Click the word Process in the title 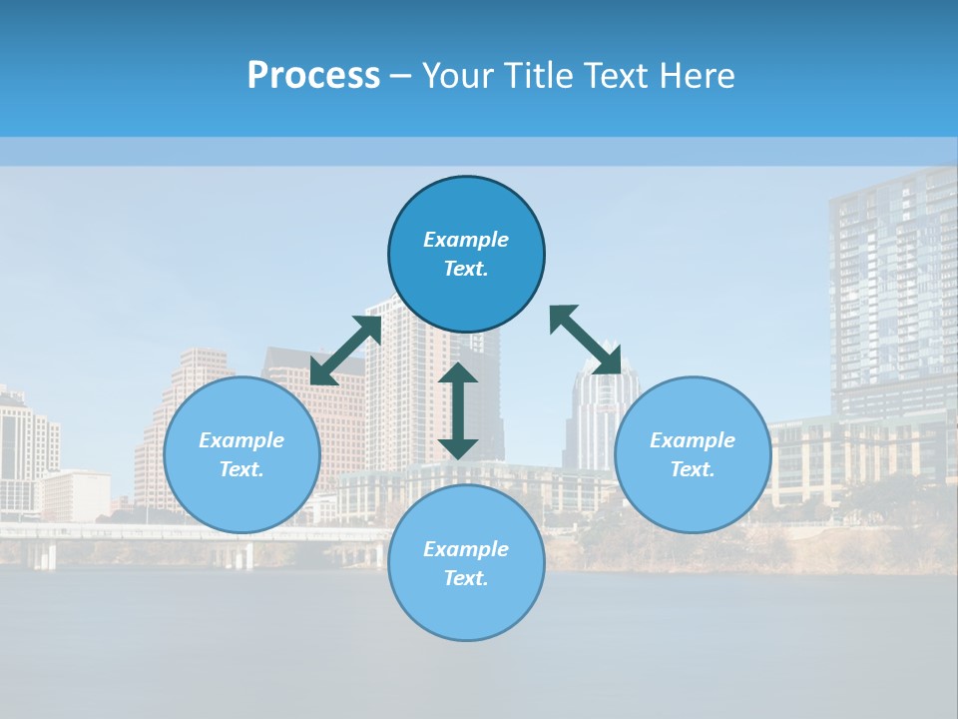[313, 76]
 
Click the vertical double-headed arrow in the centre [458, 410]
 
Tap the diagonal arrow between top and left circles [346, 350]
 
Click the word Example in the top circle [466, 240]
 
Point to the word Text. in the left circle [241, 469]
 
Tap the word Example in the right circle [693, 440]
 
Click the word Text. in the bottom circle [466, 578]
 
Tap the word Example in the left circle [241, 440]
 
